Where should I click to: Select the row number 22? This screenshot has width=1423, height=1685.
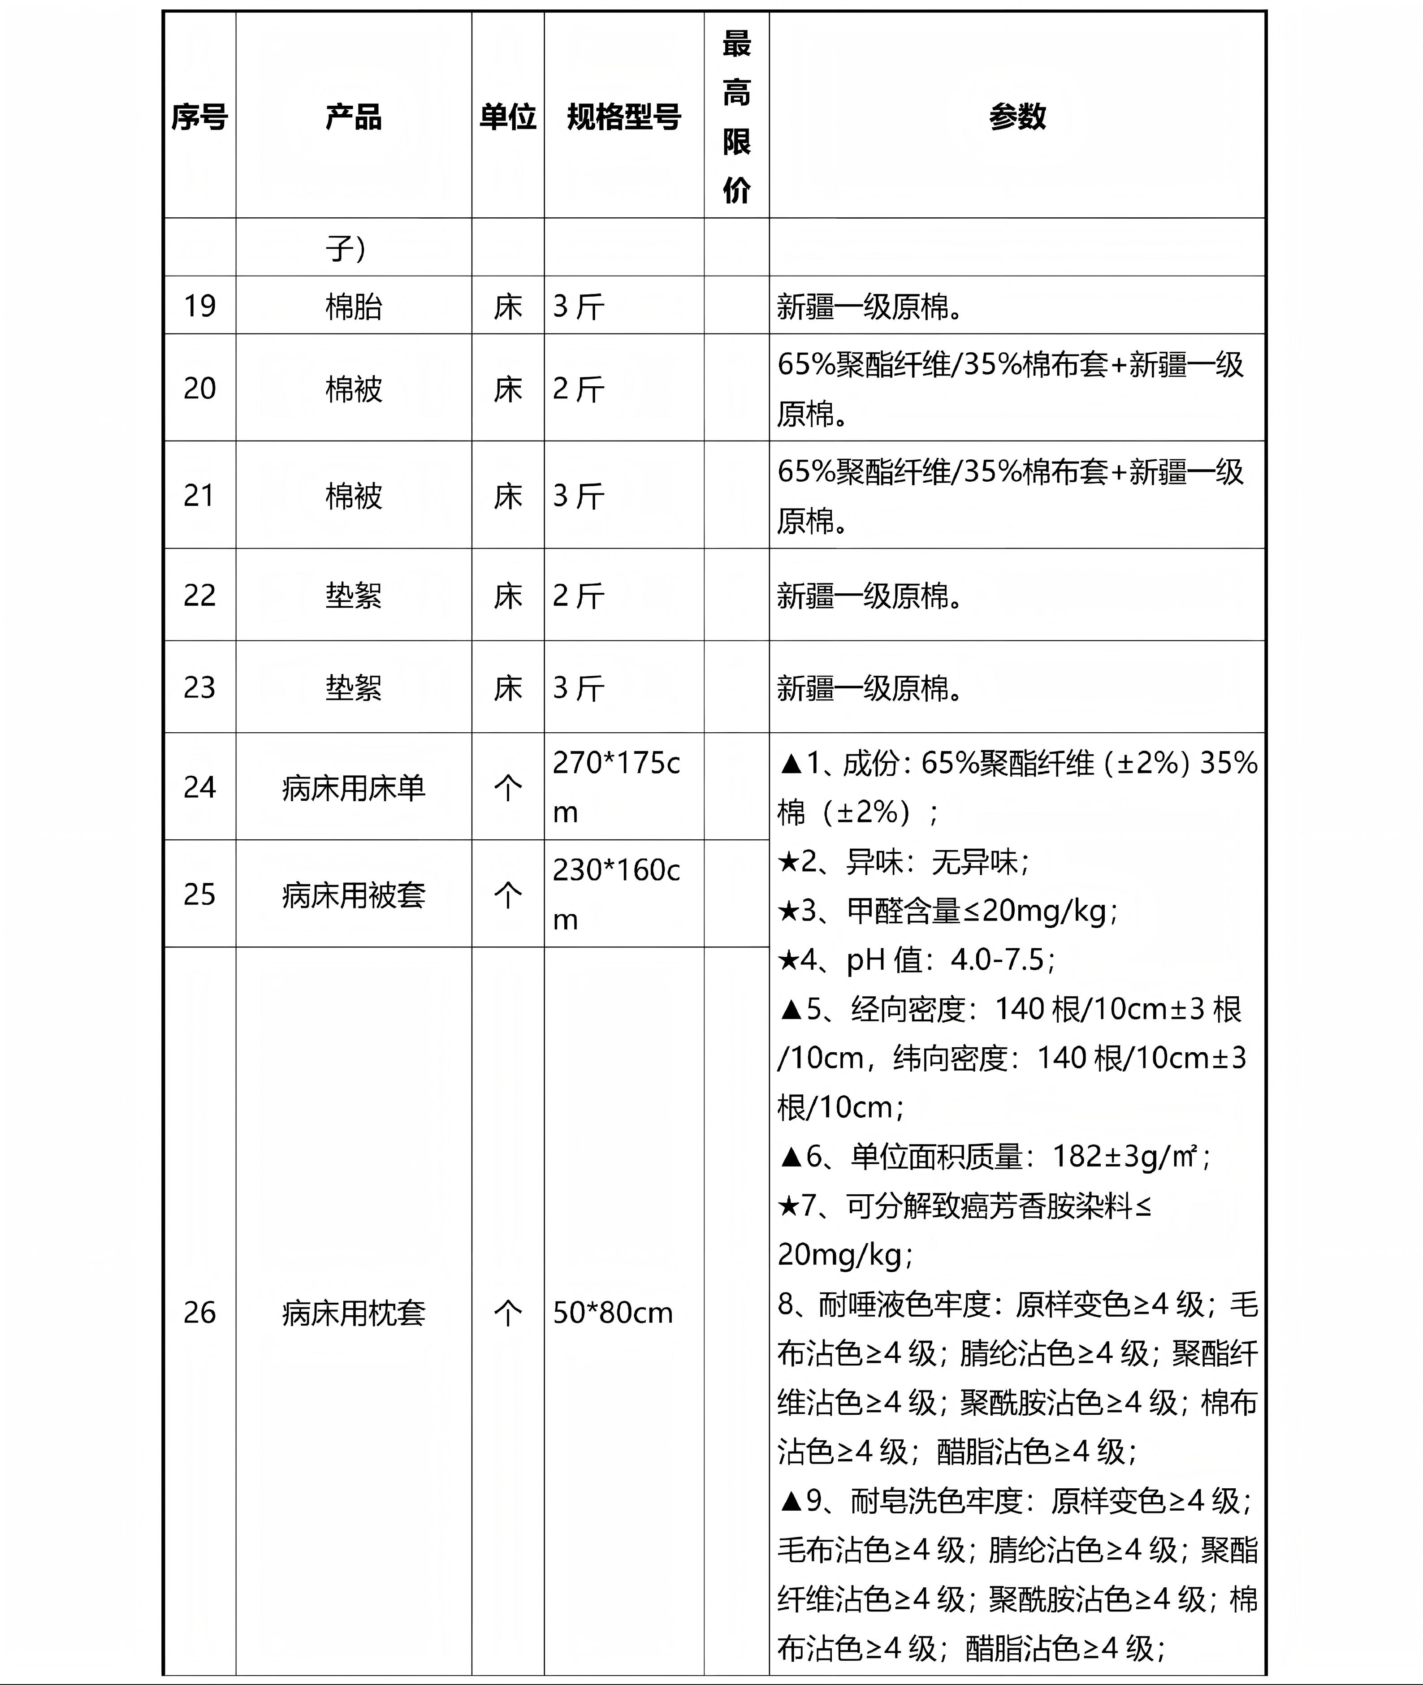199,595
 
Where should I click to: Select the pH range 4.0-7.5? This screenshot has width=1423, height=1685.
997,960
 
